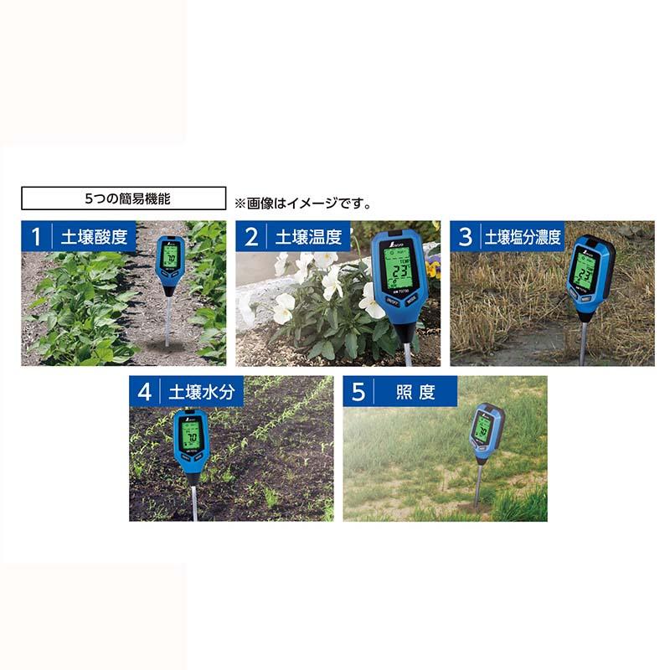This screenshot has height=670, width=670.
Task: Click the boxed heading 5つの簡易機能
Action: tap(123, 198)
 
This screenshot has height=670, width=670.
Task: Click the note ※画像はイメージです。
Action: tap(302, 203)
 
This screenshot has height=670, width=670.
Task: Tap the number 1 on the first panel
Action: tap(36, 236)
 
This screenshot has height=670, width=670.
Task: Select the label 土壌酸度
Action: tap(94, 236)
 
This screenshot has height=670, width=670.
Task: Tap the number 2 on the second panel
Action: tap(250, 236)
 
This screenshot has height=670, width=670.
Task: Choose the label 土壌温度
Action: tap(308, 236)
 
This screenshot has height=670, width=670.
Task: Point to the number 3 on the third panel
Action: tap(466, 236)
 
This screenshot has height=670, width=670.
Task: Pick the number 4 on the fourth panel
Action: tap(144, 391)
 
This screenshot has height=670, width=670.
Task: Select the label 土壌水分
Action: tap(201, 391)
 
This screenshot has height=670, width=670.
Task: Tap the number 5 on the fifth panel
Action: tap(358, 391)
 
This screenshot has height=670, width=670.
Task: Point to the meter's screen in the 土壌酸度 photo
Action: tap(171, 256)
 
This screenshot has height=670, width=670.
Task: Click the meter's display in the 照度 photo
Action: tap(483, 427)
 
